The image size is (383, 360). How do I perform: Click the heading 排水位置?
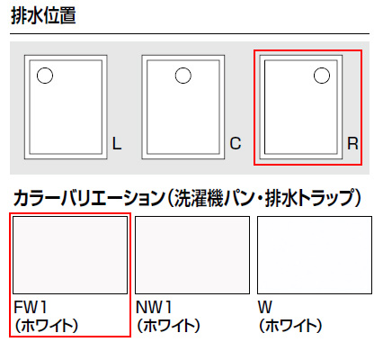(x=43, y=15)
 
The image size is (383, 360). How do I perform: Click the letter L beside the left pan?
(x=117, y=143)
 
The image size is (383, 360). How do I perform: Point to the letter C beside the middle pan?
(x=236, y=143)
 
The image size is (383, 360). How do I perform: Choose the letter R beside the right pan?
(x=352, y=143)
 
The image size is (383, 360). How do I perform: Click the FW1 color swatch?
(x=70, y=255)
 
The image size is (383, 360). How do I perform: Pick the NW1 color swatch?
(x=192, y=255)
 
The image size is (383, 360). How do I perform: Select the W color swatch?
(x=315, y=255)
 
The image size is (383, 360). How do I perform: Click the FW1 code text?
(x=31, y=307)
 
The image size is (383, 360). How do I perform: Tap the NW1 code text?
(x=154, y=307)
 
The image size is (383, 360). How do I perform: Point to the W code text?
(x=265, y=307)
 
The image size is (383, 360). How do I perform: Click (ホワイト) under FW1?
(x=47, y=326)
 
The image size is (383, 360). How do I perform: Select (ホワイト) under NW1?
(x=168, y=326)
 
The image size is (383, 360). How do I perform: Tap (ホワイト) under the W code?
(x=290, y=326)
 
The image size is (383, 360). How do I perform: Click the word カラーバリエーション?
(x=89, y=198)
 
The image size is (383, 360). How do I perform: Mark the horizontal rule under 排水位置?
(x=190, y=33)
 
